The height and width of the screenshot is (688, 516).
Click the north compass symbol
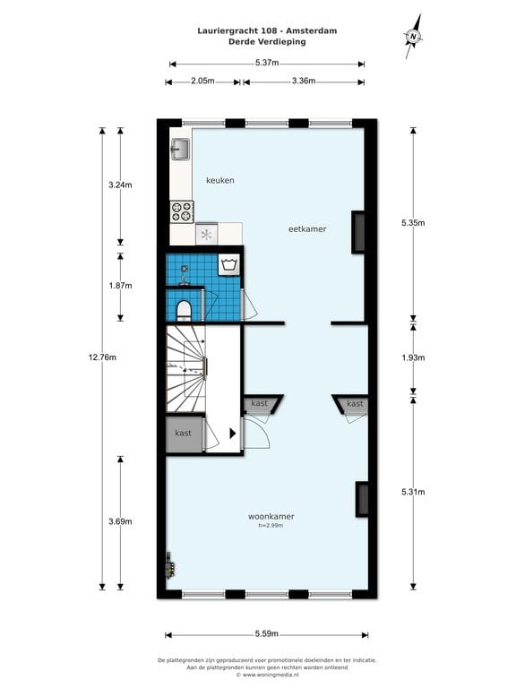(x=414, y=37)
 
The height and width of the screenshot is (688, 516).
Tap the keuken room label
(x=220, y=180)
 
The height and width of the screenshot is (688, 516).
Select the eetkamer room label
(x=307, y=228)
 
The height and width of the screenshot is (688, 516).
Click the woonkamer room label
(x=271, y=517)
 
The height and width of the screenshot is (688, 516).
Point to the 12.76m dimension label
(x=102, y=357)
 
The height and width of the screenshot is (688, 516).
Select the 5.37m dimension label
(x=267, y=63)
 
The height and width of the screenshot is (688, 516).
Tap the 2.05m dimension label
(x=203, y=81)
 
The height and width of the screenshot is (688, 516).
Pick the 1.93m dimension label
(x=413, y=357)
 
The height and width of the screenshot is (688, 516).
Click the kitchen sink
(x=180, y=149)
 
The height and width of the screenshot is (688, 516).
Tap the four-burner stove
(x=182, y=211)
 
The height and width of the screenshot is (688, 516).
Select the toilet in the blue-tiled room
(x=184, y=309)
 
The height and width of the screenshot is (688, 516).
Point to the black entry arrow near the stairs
(x=233, y=433)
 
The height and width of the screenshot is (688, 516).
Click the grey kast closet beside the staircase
(x=184, y=434)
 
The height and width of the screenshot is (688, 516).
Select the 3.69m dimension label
(x=121, y=520)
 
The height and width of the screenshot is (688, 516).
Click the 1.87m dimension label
(x=121, y=286)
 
